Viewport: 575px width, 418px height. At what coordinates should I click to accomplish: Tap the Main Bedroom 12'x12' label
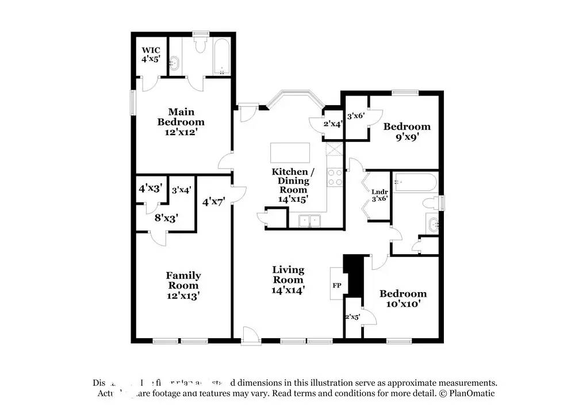(x=181, y=122)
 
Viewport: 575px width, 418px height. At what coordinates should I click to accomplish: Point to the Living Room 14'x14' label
(x=288, y=280)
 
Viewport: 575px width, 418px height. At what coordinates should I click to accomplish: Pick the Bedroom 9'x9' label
(x=407, y=132)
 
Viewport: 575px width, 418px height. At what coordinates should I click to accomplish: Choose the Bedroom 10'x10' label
(x=402, y=298)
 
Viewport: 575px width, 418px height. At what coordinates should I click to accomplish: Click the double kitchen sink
(x=309, y=220)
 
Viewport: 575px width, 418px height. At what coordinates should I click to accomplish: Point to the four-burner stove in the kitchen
(x=335, y=177)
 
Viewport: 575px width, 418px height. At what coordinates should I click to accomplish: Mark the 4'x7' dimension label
(x=214, y=201)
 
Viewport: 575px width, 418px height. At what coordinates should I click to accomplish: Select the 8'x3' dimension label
(x=166, y=218)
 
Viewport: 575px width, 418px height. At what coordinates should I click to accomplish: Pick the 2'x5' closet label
(x=352, y=317)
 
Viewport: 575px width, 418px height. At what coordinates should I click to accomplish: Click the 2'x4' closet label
(x=333, y=124)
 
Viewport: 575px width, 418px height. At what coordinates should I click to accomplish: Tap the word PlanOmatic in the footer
(x=471, y=393)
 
